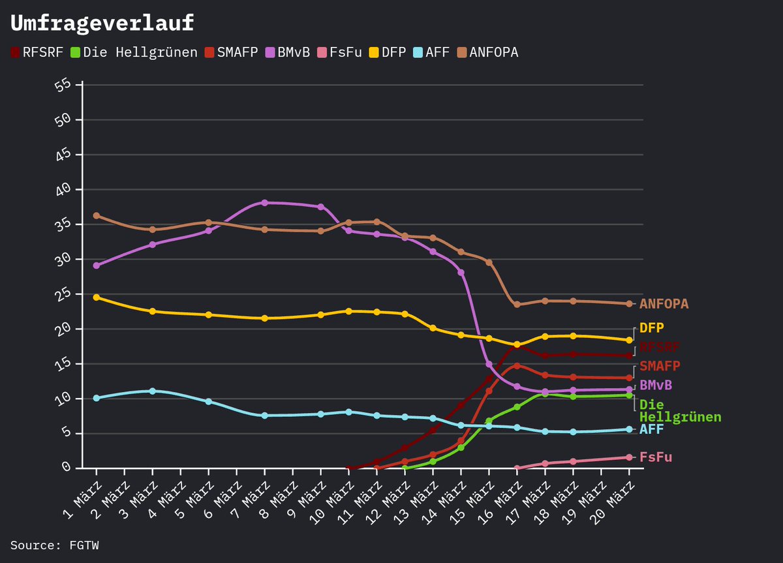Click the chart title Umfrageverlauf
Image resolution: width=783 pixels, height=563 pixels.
[x=102, y=23]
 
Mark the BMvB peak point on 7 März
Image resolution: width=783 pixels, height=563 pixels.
[x=264, y=203]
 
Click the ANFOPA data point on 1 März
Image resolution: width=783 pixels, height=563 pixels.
[x=96, y=215]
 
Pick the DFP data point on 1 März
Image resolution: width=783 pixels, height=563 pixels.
[x=96, y=297]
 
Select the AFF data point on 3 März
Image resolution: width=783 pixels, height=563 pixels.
[x=152, y=391]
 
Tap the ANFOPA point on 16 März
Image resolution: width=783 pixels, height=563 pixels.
[x=517, y=305]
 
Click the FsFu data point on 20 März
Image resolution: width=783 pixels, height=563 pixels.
[x=629, y=457]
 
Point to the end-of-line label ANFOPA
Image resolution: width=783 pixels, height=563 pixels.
[x=664, y=304]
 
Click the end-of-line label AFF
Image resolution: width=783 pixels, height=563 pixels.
[x=651, y=429]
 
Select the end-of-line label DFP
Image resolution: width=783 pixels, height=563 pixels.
[x=651, y=328]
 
